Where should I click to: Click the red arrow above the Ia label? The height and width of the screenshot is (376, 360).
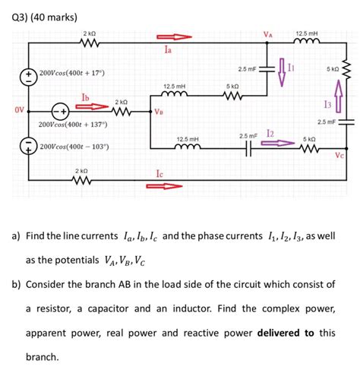pyautogui.click(x=174, y=37)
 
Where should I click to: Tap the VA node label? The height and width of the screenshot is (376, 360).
pyautogui.click(x=267, y=33)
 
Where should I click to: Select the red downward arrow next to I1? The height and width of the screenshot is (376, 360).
pyautogui.click(x=280, y=68)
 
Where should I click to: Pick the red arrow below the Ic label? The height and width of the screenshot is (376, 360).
pyautogui.click(x=174, y=185)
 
